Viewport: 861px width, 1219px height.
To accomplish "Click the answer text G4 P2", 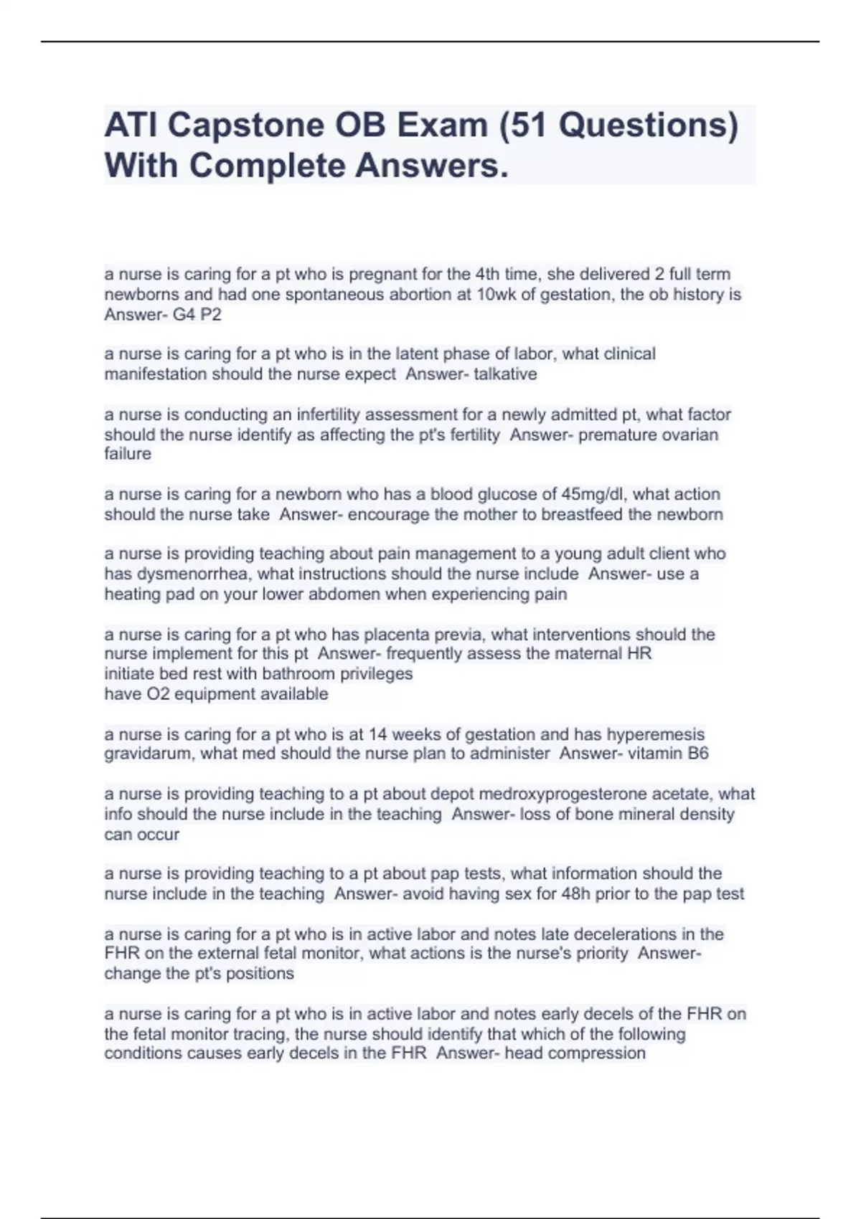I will (197, 314).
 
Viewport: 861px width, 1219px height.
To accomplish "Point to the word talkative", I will (505, 374).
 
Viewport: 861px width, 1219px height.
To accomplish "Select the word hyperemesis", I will (656, 734).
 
